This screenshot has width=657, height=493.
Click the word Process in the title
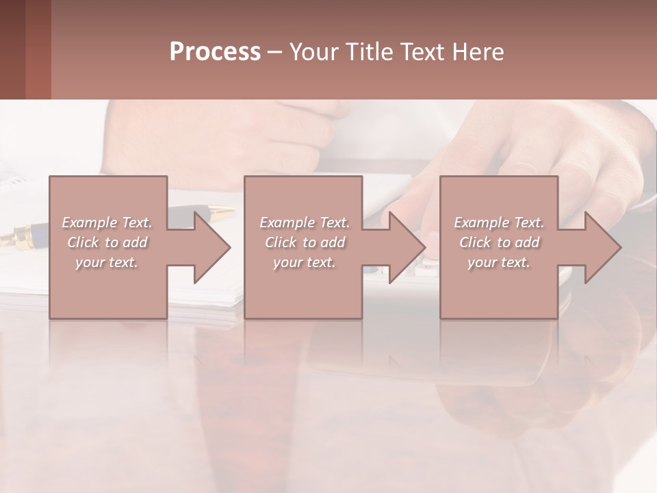215,52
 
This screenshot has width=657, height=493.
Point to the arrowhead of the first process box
212,247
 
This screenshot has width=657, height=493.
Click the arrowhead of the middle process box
407,247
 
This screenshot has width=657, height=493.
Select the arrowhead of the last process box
603,247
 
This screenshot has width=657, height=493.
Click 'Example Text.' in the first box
107,223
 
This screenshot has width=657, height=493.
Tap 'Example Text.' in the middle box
305,223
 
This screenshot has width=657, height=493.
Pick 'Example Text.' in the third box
499,223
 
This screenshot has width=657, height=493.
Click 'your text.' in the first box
107,262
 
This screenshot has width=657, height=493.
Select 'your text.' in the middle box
305,262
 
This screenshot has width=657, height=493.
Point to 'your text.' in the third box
499,262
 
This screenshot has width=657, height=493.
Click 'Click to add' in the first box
107,242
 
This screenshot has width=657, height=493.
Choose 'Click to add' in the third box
499,242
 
